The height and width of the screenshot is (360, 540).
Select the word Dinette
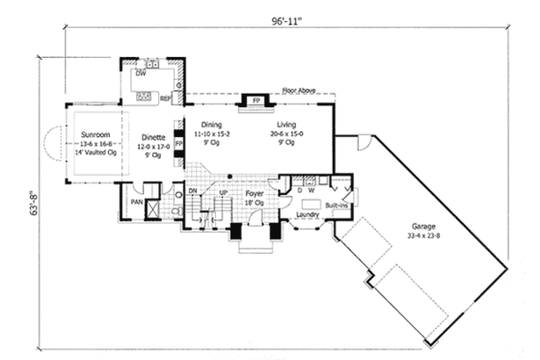(153, 138)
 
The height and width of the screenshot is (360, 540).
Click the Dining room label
(212, 125)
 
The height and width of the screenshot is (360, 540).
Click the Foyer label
(255, 194)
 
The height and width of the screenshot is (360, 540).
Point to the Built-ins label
(337, 206)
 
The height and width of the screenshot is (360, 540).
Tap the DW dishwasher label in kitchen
(141, 73)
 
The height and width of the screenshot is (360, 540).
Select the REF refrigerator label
(166, 97)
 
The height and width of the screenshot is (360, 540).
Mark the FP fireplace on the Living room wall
(256, 100)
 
